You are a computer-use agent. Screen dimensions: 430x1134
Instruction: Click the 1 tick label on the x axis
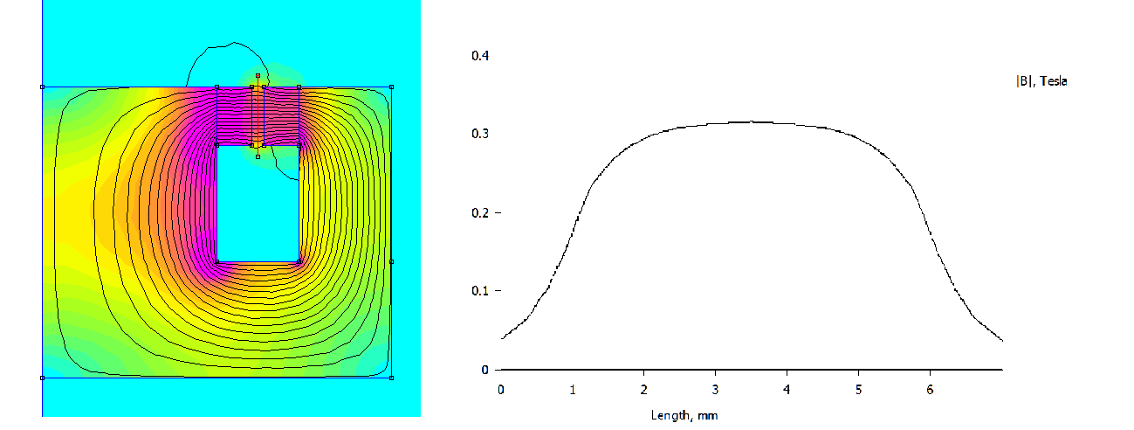573,388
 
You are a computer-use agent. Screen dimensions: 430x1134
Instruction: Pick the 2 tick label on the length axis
644,388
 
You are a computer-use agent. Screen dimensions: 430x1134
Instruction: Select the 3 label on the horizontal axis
716,388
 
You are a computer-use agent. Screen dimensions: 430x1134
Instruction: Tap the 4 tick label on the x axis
787,388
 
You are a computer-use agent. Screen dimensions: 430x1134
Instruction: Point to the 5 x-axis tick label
859,388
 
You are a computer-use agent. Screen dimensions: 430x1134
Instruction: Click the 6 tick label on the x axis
931,388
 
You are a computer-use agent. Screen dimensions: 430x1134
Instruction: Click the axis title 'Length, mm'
684,415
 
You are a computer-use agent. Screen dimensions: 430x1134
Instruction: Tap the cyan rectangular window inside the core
258,203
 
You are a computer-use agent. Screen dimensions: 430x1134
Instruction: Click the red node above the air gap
258,75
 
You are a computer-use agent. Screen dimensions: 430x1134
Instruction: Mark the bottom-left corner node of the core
42,378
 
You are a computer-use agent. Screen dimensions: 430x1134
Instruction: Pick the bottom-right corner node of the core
391,378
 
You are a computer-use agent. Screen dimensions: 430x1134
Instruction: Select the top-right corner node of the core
391,87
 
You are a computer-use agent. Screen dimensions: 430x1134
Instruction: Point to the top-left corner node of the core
42,87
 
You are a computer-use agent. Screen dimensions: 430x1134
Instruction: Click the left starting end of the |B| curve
502,337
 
